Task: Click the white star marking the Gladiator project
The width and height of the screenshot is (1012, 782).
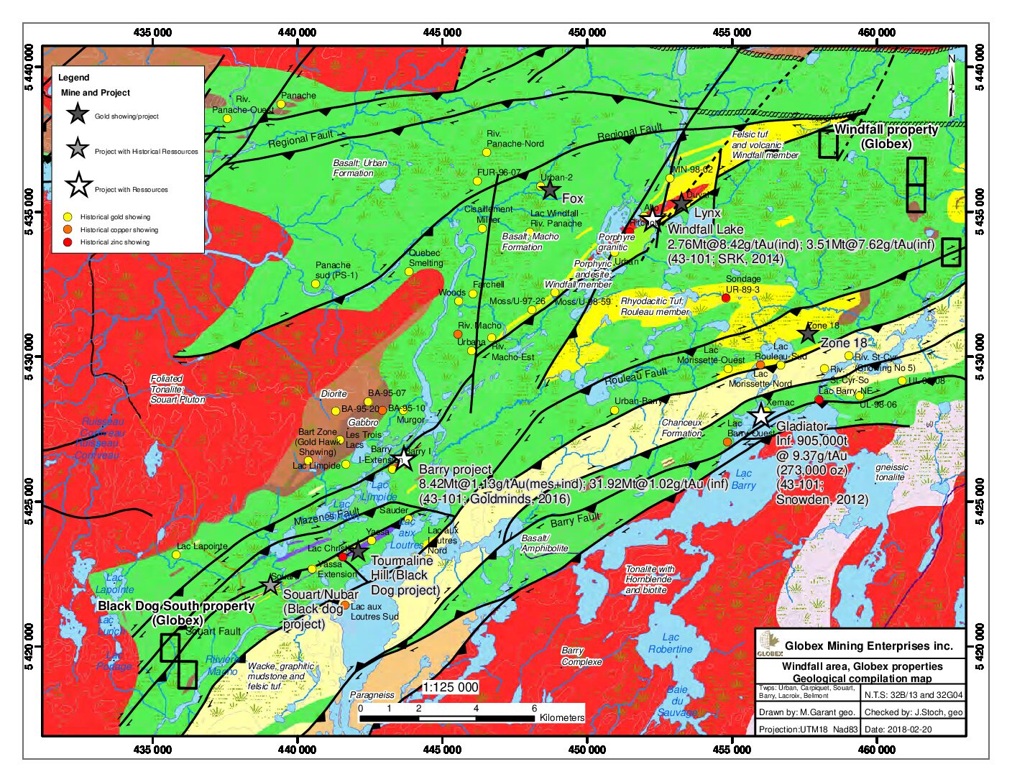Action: pos(760,415)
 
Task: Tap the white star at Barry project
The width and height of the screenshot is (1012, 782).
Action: pos(404,458)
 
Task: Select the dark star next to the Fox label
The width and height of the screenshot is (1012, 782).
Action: pos(550,190)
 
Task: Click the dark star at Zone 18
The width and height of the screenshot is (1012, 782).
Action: pos(808,333)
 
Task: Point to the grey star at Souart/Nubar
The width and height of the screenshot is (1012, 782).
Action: pos(270,585)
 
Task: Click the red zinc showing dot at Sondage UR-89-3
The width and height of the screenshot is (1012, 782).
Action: pos(726,298)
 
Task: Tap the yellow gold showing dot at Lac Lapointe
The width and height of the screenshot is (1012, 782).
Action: pos(175,555)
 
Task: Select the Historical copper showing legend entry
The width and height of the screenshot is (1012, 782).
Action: pos(119,230)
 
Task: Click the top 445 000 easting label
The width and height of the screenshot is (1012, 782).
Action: pos(442,32)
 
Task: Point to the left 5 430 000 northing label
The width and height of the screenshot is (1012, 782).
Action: pos(29,357)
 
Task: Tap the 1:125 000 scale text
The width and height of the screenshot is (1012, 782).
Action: pos(450,687)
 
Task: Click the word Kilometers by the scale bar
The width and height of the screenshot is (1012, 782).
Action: pos(562,717)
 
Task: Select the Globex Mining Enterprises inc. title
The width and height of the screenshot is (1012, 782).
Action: pos(868,645)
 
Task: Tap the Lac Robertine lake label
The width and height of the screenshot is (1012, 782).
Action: pos(670,643)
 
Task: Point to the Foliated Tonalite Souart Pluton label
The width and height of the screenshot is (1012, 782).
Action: pos(177,389)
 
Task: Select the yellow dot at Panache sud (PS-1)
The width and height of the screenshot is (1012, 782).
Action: pos(315,284)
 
